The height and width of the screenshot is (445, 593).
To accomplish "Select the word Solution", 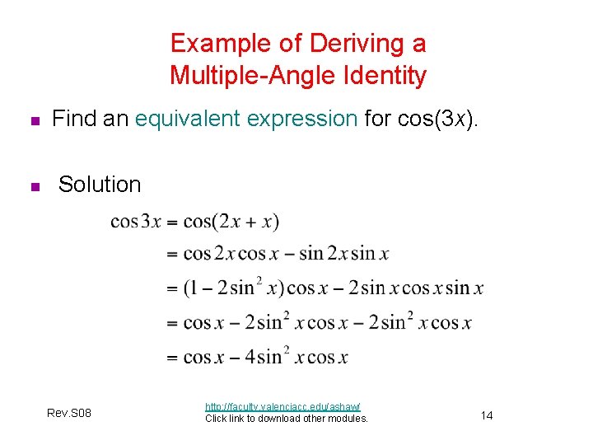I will point(100,185).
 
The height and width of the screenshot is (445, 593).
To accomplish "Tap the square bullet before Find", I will point(34,121).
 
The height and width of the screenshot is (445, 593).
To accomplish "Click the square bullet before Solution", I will point(34,187).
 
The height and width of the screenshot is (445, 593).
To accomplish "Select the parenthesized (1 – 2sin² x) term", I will point(233,288).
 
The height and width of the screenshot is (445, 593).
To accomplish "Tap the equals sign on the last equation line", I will point(172,358).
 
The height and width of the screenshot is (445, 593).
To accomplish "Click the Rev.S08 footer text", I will point(70,412).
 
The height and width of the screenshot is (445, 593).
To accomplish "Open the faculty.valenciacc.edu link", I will point(282,406).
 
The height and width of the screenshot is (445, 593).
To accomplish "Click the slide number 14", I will point(487,415).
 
